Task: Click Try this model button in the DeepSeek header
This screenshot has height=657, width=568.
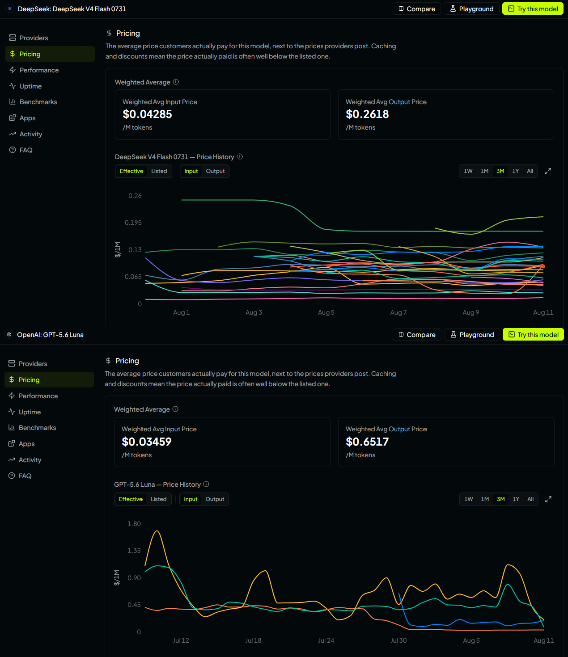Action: point(532,8)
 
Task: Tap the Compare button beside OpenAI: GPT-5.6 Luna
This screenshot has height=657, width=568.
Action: point(417,334)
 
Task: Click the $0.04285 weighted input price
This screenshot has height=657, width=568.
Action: point(147,114)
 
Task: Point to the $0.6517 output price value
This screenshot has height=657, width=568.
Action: point(367,442)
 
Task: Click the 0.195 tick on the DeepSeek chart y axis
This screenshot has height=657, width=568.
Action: point(133,223)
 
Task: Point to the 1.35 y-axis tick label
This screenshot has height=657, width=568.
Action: point(134,551)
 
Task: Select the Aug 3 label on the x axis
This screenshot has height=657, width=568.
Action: point(254,312)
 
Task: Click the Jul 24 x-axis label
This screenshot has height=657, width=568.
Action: point(326,640)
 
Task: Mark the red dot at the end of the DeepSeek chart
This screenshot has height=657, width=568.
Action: point(543,266)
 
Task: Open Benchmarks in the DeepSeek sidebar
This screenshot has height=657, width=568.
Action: point(38,102)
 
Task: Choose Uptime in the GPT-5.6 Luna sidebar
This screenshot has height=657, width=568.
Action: point(30,412)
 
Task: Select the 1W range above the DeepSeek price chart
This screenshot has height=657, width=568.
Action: point(468,171)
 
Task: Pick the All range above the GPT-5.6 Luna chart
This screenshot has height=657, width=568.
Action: point(530,499)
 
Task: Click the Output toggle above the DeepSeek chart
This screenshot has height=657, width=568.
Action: point(215,171)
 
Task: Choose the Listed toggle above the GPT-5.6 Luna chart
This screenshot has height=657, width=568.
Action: point(158,499)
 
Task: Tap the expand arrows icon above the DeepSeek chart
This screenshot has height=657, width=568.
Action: point(547,171)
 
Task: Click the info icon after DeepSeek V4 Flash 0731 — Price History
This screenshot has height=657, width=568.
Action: point(240,156)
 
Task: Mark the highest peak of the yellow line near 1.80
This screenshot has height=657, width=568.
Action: point(157,531)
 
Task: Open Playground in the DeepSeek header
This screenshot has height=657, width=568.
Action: point(471,8)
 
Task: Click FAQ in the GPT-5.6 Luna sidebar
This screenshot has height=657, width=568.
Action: point(25,476)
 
